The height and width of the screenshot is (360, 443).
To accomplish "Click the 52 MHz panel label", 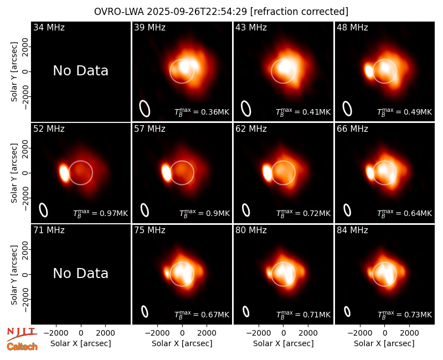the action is pos(49,129).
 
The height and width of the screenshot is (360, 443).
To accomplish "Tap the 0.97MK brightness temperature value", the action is pos(114,213).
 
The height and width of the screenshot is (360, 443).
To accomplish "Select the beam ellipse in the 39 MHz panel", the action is pos(145,109).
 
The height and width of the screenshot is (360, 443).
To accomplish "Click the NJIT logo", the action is pos(22,334).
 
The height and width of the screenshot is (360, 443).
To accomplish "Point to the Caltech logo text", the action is pos(22,347).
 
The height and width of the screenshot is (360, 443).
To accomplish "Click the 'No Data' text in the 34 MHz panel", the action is pos(80,71).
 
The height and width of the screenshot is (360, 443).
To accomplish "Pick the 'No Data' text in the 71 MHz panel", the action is pos(80,274).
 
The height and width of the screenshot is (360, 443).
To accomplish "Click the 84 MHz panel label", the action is pos(352,230).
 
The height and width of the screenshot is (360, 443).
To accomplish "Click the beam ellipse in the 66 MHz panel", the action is pos(347,210).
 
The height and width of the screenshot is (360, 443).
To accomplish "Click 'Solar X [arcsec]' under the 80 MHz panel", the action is pos(284,343).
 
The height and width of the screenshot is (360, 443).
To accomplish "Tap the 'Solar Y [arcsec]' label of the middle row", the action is pos(14,173).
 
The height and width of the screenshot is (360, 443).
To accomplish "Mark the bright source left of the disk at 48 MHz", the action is pos(369,71).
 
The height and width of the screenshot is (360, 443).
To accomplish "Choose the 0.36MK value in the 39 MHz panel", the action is pos(215,112).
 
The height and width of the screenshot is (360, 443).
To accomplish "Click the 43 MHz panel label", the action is pos(251,27).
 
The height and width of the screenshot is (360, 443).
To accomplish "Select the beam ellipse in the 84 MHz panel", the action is pos(347,311).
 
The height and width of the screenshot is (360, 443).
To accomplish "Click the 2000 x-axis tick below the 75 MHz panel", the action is pos(207,333).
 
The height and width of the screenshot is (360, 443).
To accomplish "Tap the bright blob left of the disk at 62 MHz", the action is pos(267,173).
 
